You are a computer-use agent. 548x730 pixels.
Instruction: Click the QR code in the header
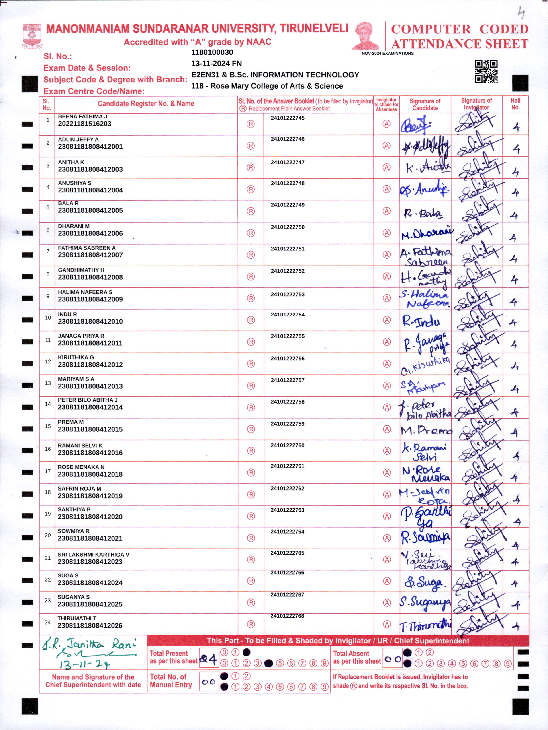pos(486,71)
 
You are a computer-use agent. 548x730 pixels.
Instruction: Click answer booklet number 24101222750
pos(287,227)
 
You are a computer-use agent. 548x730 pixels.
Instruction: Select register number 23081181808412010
pos(90,321)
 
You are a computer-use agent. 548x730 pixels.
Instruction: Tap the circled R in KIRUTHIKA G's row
pos(251,364)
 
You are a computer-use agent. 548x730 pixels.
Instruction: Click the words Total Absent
pos(351,653)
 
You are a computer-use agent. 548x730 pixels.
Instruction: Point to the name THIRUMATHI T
pos(77,618)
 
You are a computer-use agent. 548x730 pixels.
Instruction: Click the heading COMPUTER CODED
pos(460,29)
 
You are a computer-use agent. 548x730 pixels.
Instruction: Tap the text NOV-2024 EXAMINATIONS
pos(388,53)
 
